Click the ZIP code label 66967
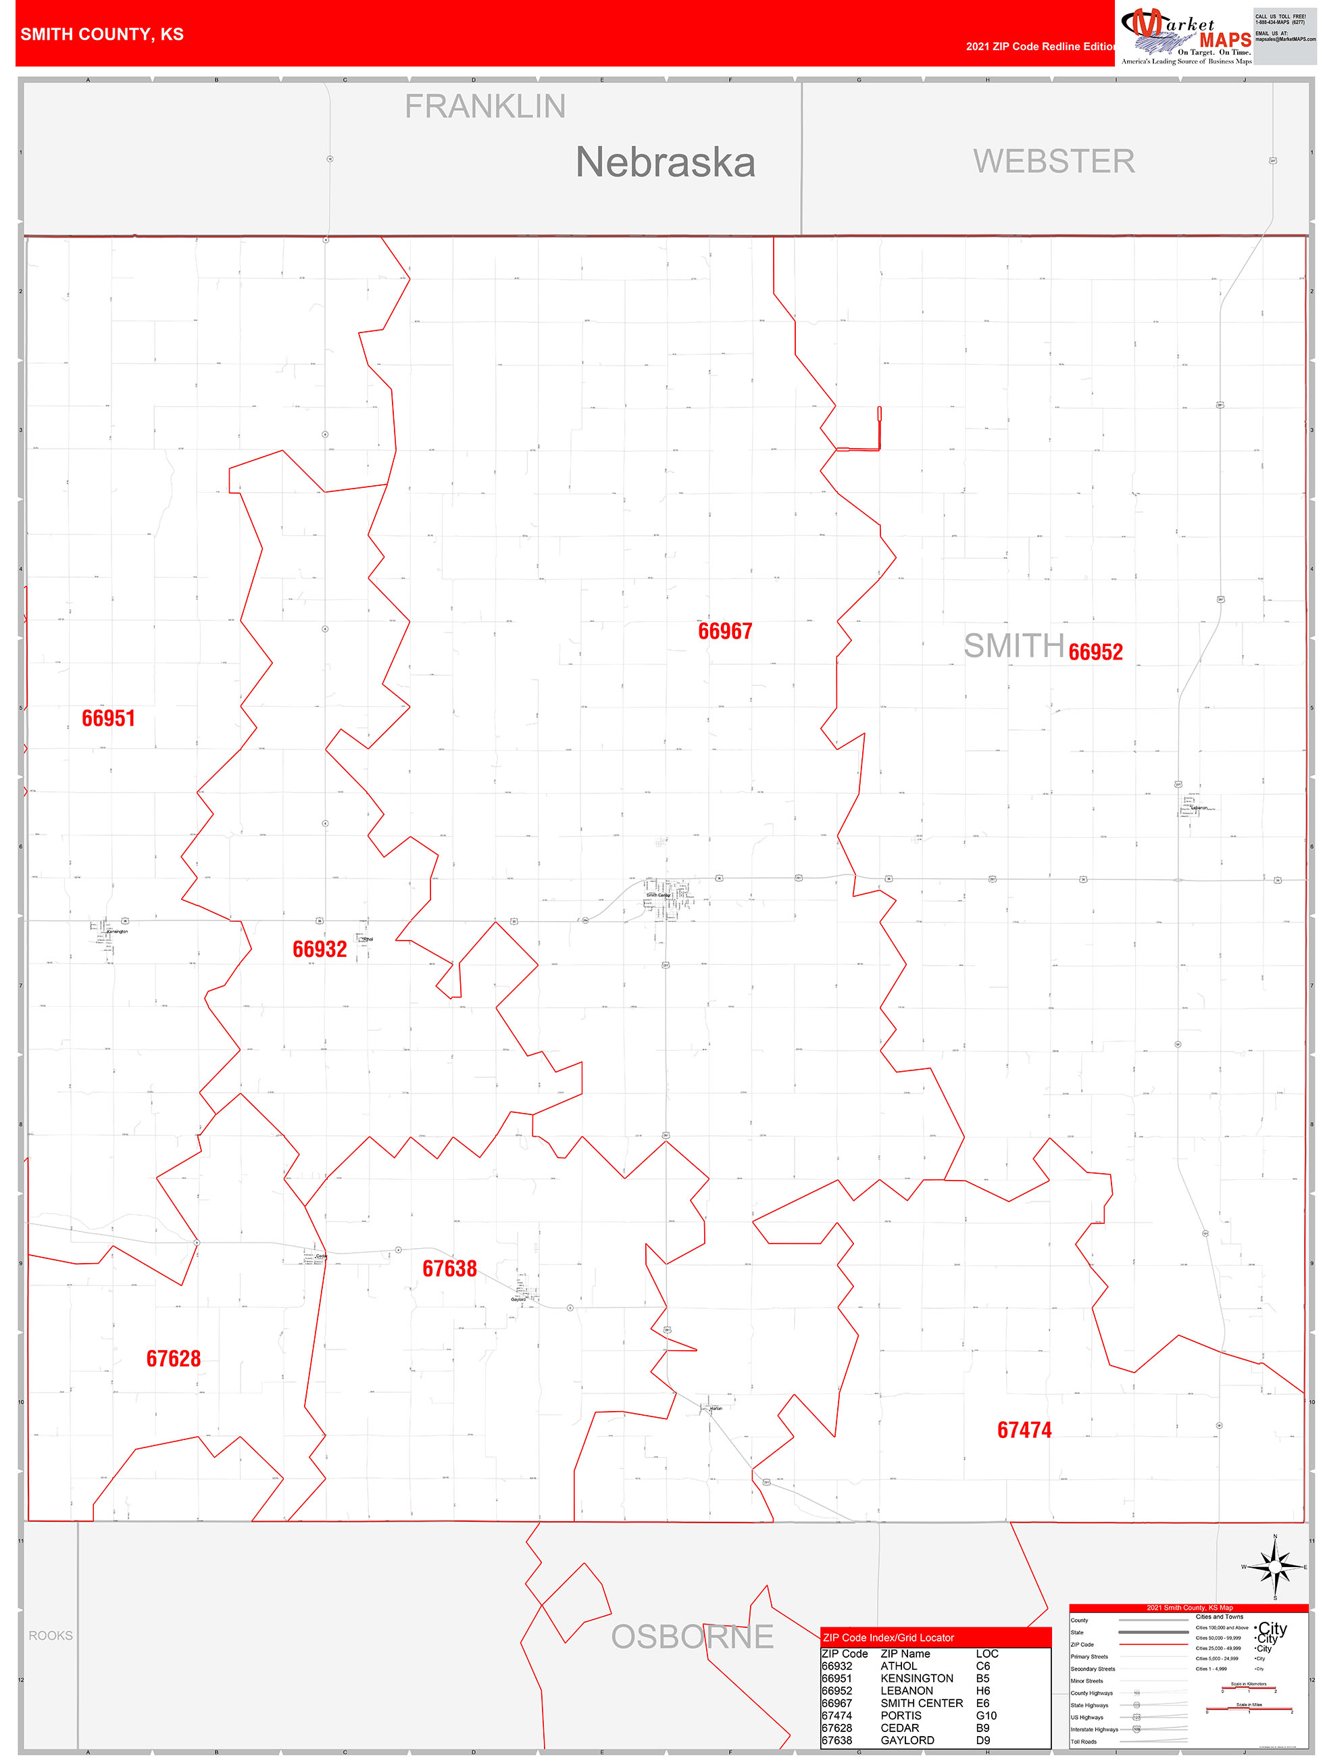(724, 631)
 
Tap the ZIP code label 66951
(108, 718)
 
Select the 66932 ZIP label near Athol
(320, 949)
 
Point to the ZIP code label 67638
(449, 1268)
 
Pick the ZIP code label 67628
(173, 1358)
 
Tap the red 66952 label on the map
(1095, 652)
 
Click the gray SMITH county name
(1014, 646)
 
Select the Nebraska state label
(665, 163)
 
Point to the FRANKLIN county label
(485, 107)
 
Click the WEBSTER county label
(1054, 162)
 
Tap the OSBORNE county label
(692, 1636)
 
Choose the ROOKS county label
(51, 1635)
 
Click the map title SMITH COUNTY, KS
(101, 34)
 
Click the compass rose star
(1275, 1567)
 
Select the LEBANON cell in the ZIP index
(906, 1691)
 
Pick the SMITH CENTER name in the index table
(922, 1703)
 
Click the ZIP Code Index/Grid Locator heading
(888, 1638)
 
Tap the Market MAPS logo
(1185, 34)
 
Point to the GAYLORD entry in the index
(907, 1740)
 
